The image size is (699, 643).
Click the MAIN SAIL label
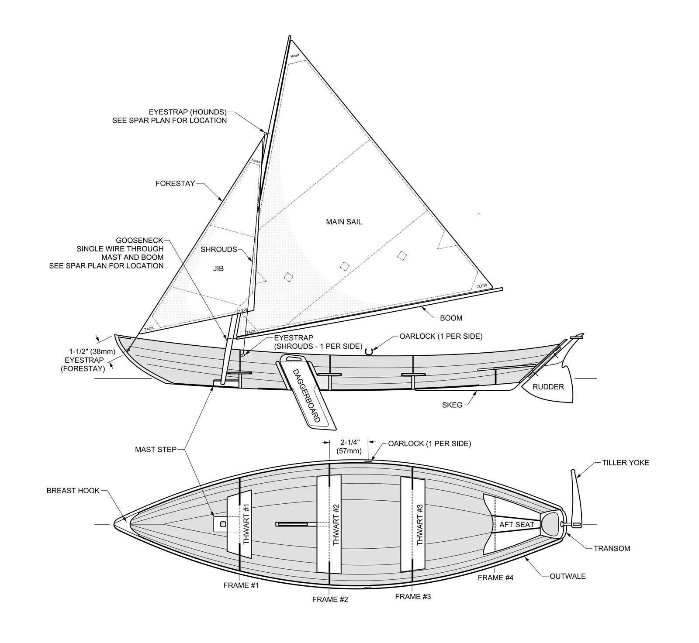[344, 222]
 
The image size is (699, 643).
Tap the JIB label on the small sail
[218, 268]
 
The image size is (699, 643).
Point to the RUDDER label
[548, 387]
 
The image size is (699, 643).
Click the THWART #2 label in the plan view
[336, 524]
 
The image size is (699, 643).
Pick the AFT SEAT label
[517, 525]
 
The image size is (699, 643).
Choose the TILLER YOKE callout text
[625, 463]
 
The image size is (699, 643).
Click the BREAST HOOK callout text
[73, 491]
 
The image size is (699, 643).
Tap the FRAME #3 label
[413, 596]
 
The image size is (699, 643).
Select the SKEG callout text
[452, 405]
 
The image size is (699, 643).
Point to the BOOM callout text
[451, 318]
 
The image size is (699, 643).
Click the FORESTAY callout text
[175, 184]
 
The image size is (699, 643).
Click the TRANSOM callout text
[612, 549]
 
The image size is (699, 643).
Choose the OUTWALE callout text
[568, 577]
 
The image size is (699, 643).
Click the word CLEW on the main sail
[481, 286]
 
